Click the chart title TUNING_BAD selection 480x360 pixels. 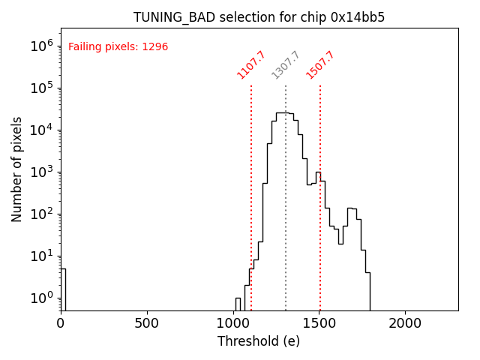pyautogui.click(x=259, y=17)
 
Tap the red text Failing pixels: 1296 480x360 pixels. pyautogui.click(x=118, y=47)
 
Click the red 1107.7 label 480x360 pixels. pyautogui.click(x=251, y=65)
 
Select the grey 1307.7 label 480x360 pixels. pyautogui.click(x=286, y=65)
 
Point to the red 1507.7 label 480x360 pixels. pyautogui.click(x=320, y=65)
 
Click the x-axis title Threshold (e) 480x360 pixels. pyautogui.click(x=259, y=341)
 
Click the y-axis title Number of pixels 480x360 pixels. pyautogui.click(x=17, y=169)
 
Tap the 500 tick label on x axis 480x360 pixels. pyautogui.click(x=147, y=323)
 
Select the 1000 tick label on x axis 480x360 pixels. pyautogui.click(x=233, y=323)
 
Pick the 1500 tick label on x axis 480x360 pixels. pyautogui.click(x=319, y=323)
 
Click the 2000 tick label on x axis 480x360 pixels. pyautogui.click(x=406, y=323)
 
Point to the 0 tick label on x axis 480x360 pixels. pyautogui.click(x=61, y=323)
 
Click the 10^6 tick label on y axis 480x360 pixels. pyautogui.click(x=43, y=46)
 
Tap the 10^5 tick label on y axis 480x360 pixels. pyautogui.click(x=43, y=88)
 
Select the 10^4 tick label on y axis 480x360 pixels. pyautogui.click(x=43, y=130)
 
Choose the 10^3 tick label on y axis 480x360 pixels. pyautogui.click(x=43, y=172)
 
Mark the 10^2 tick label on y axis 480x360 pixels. pyautogui.click(x=43, y=214)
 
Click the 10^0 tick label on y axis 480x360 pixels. pyautogui.click(x=43, y=298)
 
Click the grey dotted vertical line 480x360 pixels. pyautogui.click(x=286, y=225)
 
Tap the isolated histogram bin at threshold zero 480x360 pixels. pyautogui.click(x=63, y=289)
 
